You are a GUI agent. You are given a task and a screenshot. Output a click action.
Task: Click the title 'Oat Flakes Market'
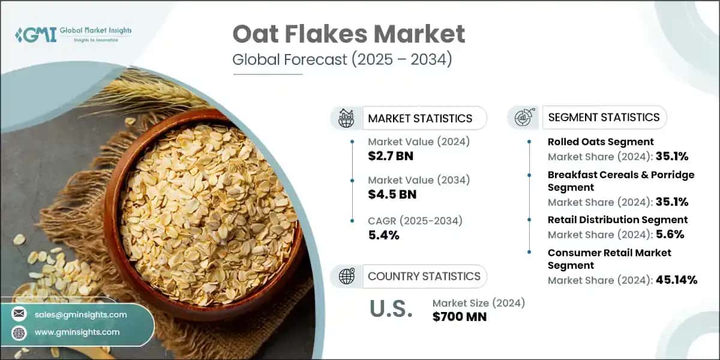tap(349, 34)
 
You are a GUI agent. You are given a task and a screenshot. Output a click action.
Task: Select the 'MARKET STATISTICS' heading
tap(420, 118)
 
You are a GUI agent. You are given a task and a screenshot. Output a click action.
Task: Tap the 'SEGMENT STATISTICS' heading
tap(604, 117)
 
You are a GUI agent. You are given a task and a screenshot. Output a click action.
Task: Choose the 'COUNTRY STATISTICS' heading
tap(424, 276)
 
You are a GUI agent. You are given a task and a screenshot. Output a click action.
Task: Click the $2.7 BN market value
tap(391, 157)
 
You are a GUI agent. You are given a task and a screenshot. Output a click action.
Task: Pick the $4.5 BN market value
tap(392, 194)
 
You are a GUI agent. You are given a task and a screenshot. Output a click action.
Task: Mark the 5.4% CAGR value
tap(383, 235)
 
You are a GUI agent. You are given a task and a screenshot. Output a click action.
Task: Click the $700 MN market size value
tap(459, 316)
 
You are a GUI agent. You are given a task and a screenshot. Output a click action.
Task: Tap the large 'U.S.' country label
tap(391, 309)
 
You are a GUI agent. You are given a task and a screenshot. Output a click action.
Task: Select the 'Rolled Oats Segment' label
tap(601, 142)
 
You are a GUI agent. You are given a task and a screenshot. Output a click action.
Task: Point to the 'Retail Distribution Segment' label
tap(617, 220)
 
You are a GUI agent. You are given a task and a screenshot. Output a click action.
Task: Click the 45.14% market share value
tap(676, 280)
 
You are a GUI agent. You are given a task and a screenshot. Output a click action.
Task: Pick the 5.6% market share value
tap(668, 235)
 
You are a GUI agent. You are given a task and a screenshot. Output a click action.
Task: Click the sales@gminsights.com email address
tap(80, 314)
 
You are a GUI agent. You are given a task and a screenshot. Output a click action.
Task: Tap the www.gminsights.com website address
tap(77, 332)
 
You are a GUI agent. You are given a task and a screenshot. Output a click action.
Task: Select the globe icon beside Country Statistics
tap(347, 276)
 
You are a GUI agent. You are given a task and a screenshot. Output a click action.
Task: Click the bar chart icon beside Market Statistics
tap(346, 118)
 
